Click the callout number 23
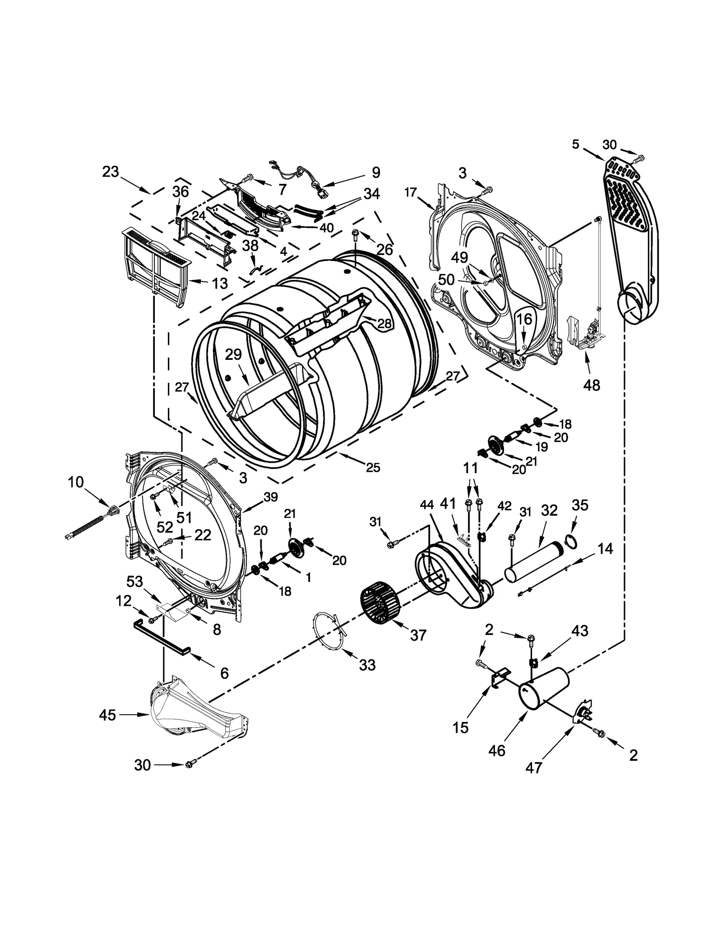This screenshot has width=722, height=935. pos(110,172)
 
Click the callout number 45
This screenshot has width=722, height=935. pos(107,715)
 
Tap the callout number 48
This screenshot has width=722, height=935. pos(592,385)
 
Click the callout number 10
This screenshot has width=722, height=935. pos(76,482)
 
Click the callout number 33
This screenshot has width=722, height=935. pos(367,665)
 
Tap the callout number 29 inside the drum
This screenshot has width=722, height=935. pos(233,354)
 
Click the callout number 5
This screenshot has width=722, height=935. pos(575,144)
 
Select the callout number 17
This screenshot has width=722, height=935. pos(410,193)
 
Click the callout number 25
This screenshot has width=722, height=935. pos(373,468)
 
